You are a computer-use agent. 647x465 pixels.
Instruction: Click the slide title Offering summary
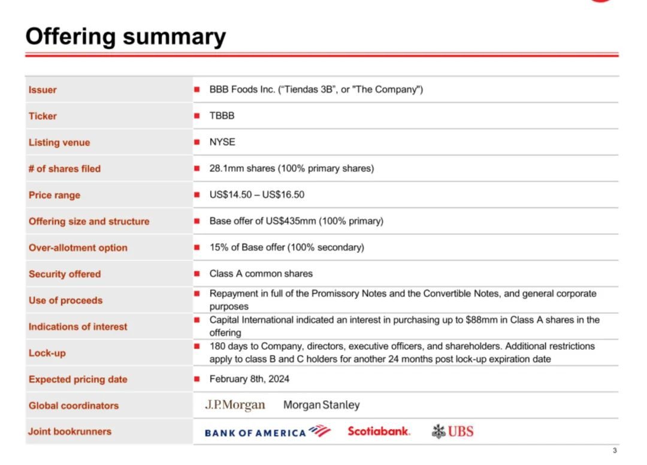(125, 37)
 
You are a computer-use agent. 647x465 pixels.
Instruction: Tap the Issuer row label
(43, 90)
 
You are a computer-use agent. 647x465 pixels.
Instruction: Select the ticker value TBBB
(222, 116)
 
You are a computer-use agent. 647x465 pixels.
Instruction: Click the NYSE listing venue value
(222, 142)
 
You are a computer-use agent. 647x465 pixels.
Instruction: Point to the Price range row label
(54, 195)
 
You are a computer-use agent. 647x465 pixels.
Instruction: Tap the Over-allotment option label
(78, 248)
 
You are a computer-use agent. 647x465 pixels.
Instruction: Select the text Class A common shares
(261, 274)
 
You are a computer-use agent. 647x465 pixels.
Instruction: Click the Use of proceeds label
(65, 300)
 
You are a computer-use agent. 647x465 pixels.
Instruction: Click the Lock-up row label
(47, 353)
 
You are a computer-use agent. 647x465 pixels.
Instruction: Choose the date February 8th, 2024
(249, 379)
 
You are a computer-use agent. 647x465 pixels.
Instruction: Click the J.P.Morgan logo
(235, 405)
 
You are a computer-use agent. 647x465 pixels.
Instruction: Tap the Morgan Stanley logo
(322, 405)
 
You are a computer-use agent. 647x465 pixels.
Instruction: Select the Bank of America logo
(267, 431)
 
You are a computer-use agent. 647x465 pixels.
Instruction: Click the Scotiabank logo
(379, 431)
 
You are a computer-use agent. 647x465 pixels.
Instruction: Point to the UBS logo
(453, 431)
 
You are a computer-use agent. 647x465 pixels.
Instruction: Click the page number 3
(615, 451)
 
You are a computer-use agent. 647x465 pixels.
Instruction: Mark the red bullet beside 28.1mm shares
(196, 168)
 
